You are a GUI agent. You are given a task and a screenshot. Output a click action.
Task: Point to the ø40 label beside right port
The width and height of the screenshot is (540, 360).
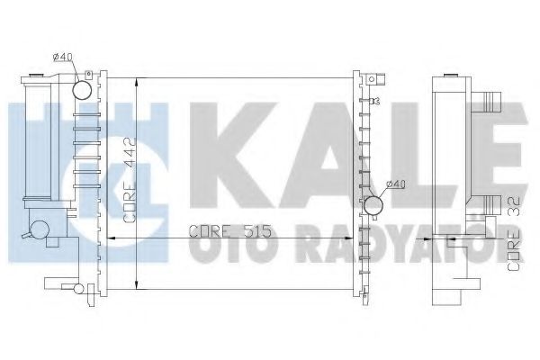[396, 185]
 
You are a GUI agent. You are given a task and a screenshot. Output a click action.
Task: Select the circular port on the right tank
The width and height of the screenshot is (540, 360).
[373, 206]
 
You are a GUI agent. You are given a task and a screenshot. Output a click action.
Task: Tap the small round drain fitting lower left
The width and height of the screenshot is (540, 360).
[40, 229]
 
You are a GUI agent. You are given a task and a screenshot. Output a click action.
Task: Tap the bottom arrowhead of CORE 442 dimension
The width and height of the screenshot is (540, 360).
[135, 286]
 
